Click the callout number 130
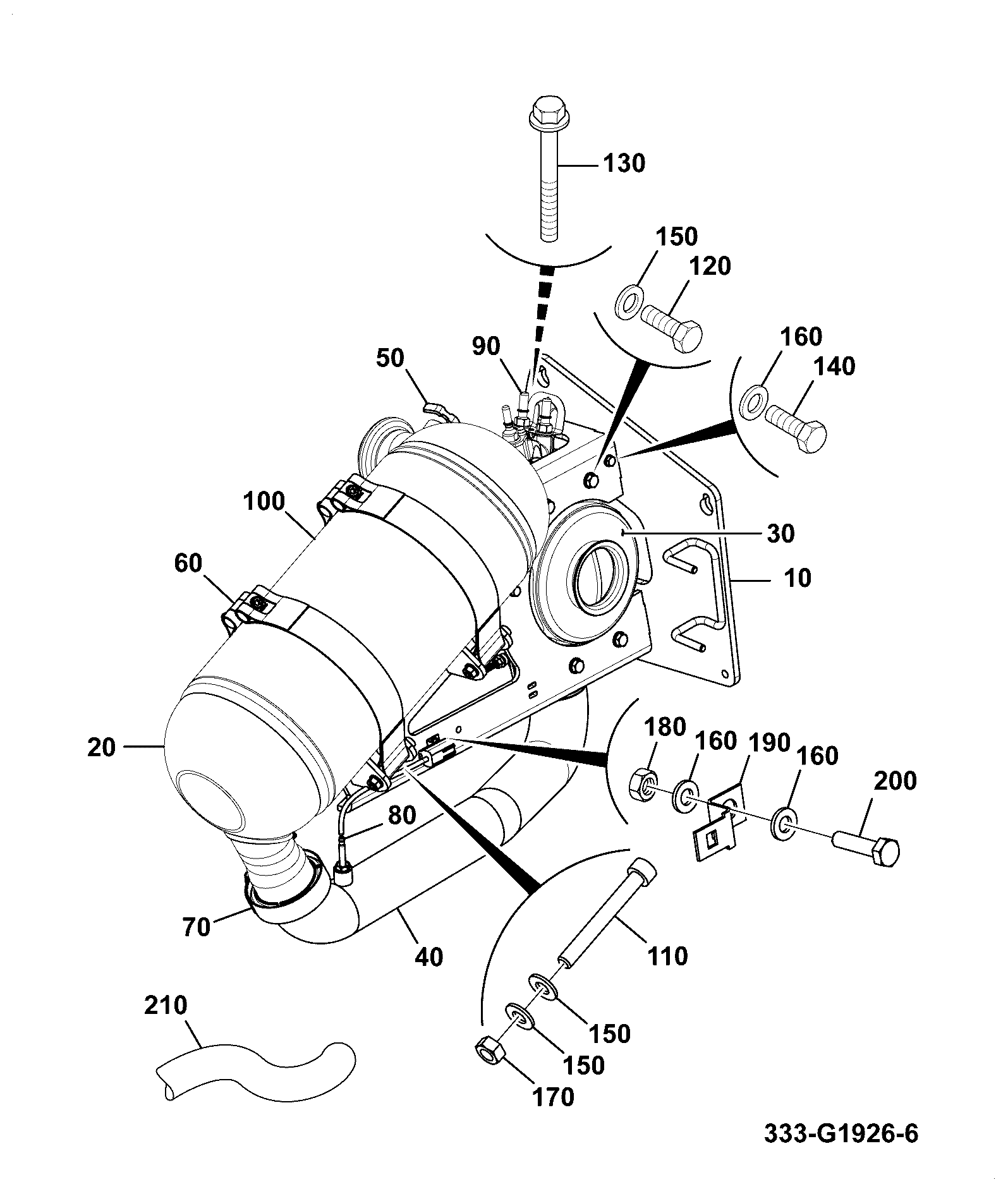624,164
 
